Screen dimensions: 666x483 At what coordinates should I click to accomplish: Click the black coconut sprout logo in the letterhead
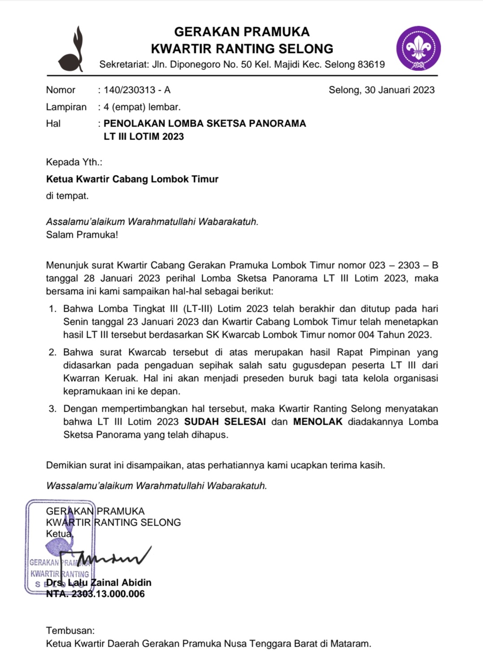pyautogui.click(x=72, y=50)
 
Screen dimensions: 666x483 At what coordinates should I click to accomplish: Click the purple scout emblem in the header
pyautogui.click(x=418, y=48)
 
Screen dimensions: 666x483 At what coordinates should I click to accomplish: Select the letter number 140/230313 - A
pyautogui.click(x=137, y=90)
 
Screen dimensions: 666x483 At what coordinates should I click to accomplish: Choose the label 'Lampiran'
pyautogui.click(x=66, y=107)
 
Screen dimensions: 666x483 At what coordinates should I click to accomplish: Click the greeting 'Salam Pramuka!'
pyautogui.click(x=82, y=235)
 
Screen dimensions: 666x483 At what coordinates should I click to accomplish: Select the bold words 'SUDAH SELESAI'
pyautogui.click(x=225, y=422)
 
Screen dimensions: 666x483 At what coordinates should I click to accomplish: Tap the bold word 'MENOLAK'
pyautogui.click(x=318, y=422)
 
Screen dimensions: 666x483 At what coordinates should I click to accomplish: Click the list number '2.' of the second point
pyautogui.click(x=53, y=353)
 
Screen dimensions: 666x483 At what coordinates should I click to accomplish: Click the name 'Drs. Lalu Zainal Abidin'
pyautogui.click(x=99, y=583)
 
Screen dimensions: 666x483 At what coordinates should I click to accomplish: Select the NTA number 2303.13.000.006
pyautogui.click(x=108, y=594)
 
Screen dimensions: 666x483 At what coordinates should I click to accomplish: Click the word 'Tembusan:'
pyautogui.click(x=70, y=631)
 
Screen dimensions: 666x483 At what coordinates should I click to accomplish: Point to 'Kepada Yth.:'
pyautogui.click(x=74, y=162)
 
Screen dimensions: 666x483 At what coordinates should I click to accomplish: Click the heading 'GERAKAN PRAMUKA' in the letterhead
pyautogui.click(x=241, y=32)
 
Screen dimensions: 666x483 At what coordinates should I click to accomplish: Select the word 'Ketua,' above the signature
pyautogui.click(x=60, y=534)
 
